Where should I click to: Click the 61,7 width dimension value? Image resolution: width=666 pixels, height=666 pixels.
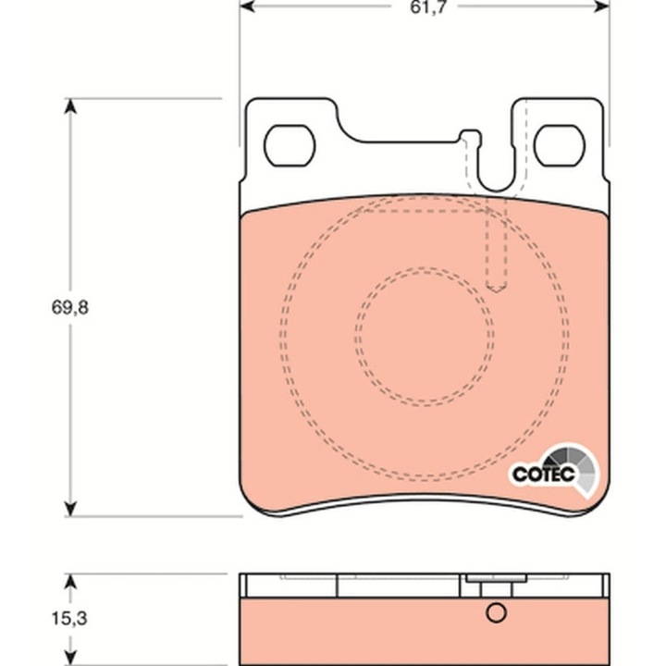pos(425,12)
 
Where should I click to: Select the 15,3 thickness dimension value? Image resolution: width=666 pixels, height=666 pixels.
pos(70,617)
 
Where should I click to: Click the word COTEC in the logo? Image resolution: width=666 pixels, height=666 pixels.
pos(544,475)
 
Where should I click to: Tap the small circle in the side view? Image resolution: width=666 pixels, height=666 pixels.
pos(496,612)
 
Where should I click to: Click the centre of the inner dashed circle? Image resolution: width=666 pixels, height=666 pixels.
pos(424,335)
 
